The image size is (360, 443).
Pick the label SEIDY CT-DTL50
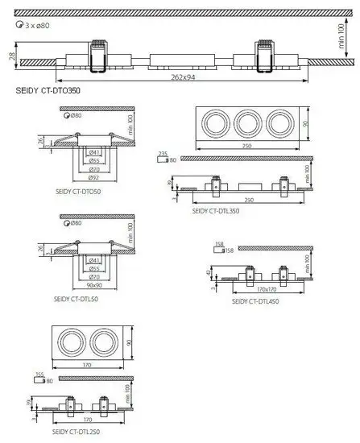point(77,297)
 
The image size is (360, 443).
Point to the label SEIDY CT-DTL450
point(254,301)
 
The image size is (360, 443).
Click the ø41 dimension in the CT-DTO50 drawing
point(94,152)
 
